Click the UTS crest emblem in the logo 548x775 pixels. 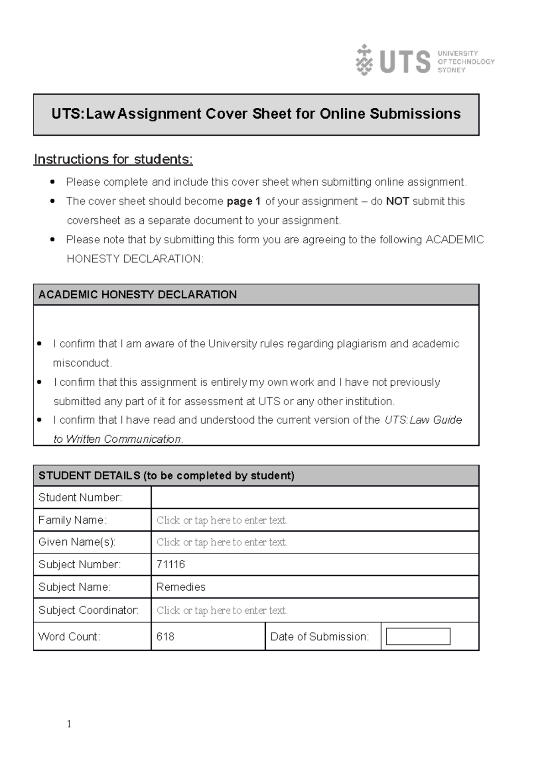tap(364, 60)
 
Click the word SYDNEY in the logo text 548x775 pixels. tap(451, 70)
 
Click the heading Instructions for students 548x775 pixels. tap(113, 159)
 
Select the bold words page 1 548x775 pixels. tap(243, 201)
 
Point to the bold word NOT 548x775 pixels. tap(397, 201)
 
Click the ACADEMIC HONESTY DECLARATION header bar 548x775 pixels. tap(256, 294)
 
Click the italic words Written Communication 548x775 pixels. tap(124, 439)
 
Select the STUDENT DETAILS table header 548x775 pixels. tap(256, 476)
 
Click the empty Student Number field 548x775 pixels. tap(314, 497)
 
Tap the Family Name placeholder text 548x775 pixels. tap(222, 520)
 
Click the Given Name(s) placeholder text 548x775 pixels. tap(222, 542)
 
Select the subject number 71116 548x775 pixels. tap(170, 565)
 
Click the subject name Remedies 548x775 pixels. tap(181, 587)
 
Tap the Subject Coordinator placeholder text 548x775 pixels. tap(222, 611)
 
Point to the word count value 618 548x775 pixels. tap(165, 637)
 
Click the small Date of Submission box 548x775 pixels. tap(418, 637)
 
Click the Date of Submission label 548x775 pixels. tap(319, 637)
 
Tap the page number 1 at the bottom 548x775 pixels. tap(69, 724)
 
